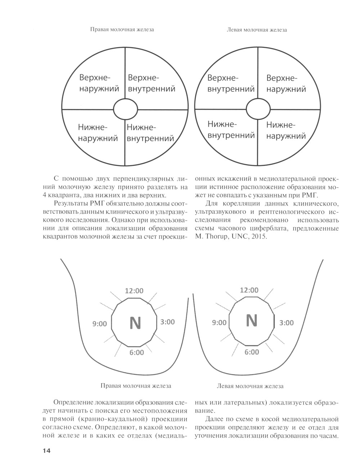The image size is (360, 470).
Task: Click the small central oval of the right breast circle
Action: coord(125,109)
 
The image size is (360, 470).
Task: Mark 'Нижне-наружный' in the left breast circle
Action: coord(286,131)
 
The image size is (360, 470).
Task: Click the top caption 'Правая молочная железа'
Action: coord(122,30)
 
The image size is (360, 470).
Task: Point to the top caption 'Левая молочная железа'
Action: coord(257,30)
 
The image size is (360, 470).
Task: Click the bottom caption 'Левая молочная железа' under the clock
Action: coord(250,386)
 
